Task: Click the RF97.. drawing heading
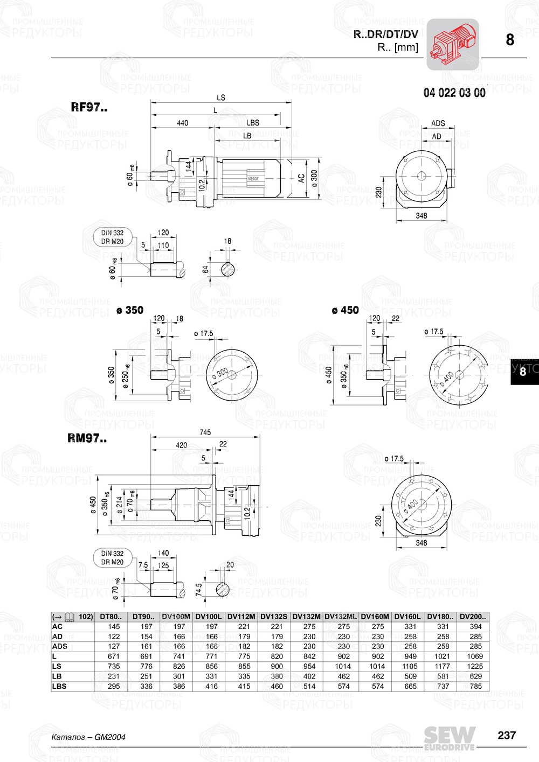(x=89, y=107)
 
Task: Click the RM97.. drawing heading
(x=87, y=438)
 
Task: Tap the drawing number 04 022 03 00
(x=454, y=93)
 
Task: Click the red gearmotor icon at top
(x=452, y=44)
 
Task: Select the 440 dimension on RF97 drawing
(x=183, y=123)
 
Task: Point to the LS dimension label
(x=221, y=97)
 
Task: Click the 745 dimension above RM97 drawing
(x=205, y=432)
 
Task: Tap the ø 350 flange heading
(x=130, y=310)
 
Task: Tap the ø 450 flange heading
(x=345, y=310)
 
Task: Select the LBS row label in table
(x=59, y=686)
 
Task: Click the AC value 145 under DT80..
(x=114, y=626)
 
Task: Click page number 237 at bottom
(x=507, y=735)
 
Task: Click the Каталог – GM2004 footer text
(x=88, y=737)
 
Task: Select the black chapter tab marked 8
(x=523, y=372)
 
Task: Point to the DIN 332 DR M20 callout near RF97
(x=112, y=237)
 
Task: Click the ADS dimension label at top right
(x=438, y=123)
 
